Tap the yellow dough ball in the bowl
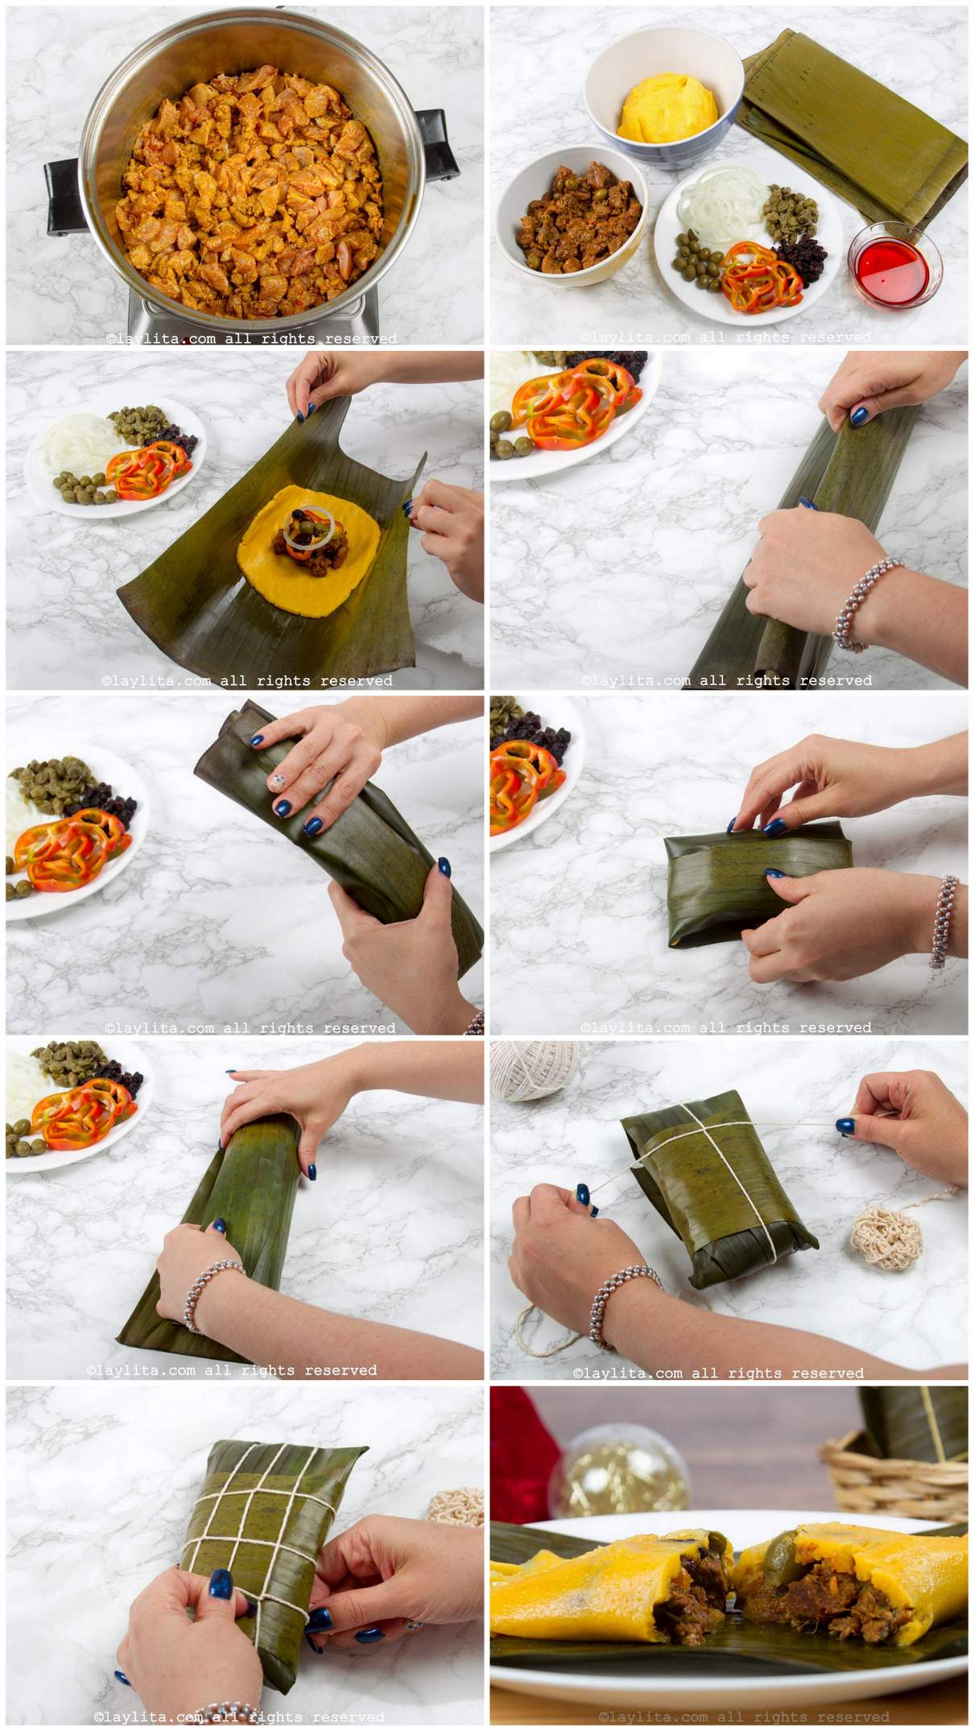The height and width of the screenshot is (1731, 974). pos(667,106)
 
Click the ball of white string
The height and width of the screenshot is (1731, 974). pos(531,1070)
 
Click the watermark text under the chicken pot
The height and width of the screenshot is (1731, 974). pos(251,339)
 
